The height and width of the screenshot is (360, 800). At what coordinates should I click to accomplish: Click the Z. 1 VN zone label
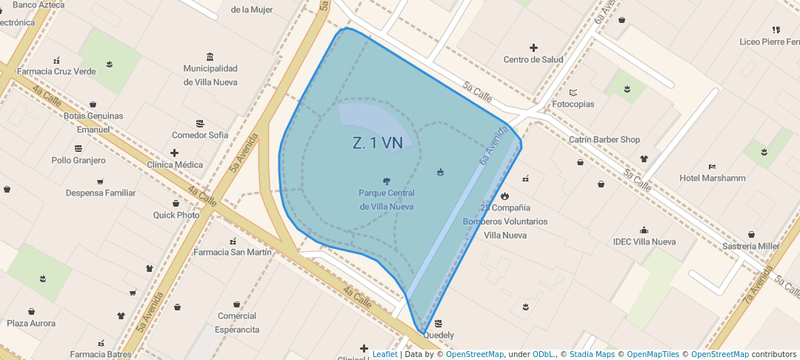[x=378, y=144]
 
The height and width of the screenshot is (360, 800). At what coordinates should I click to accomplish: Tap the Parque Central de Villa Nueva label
[x=386, y=200]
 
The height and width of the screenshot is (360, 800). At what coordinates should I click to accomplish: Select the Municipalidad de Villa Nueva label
[x=210, y=76]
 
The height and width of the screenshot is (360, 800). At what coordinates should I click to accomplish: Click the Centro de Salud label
[x=533, y=60]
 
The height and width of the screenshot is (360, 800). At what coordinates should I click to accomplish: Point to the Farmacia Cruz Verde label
[x=56, y=72]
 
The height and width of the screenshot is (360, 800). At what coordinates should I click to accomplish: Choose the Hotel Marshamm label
[x=713, y=179]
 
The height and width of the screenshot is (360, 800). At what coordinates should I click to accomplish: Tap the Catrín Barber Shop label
[x=604, y=140]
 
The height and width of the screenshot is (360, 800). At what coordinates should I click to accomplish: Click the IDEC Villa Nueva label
[x=644, y=242]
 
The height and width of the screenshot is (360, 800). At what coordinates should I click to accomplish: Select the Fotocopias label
[x=573, y=104]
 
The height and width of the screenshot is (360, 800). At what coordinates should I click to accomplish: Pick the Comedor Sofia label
[x=200, y=136]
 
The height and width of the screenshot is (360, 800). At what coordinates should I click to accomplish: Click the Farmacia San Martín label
[x=233, y=253]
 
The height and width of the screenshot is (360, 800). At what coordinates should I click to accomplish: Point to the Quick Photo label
[x=176, y=216]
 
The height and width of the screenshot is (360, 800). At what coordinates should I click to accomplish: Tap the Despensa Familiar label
[x=101, y=193]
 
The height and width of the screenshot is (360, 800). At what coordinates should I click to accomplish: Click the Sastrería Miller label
[x=750, y=247]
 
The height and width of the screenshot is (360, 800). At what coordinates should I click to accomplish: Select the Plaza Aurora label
[x=31, y=324]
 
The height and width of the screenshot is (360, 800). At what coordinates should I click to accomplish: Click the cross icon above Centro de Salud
[x=533, y=47]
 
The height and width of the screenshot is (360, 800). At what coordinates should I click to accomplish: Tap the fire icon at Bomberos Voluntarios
[x=504, y=196]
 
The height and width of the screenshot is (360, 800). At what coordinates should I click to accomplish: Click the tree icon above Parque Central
[x=386, y=181]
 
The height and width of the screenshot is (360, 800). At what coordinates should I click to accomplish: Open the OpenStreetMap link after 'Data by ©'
[x=475, y=355]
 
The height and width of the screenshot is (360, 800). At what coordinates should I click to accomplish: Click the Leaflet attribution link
[x=384, y=355]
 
